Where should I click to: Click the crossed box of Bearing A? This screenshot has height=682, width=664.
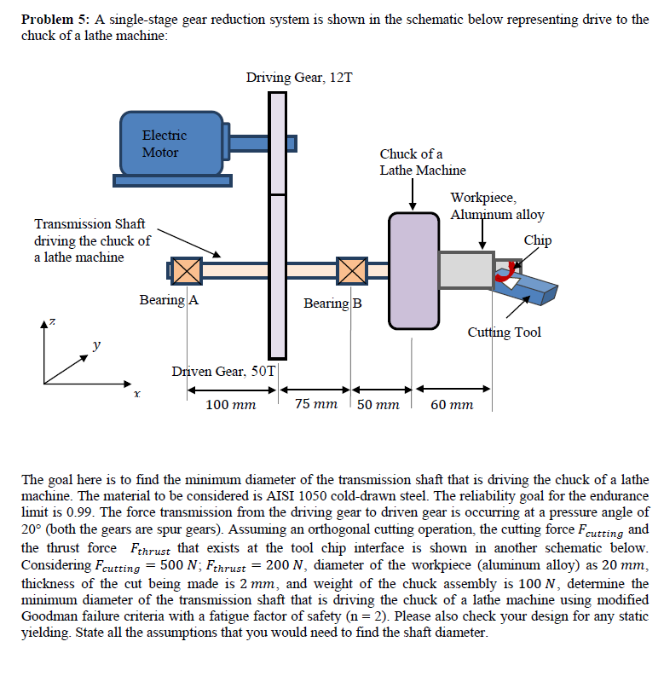click(x=186, y=271)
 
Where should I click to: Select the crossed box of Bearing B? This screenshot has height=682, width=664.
click(x=351, y=271)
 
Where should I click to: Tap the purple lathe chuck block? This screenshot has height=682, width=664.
click(x=413, y=270)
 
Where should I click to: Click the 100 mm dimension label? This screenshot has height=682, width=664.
click(x=231, y=405)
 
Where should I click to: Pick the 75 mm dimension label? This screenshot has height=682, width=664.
click(x=316, y=404)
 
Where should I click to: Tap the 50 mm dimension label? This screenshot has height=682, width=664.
click(x=378, y=405)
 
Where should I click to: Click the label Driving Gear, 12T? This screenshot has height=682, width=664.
click(x=299, y=78)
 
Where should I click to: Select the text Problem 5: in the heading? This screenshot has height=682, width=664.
click(x=54, y=19)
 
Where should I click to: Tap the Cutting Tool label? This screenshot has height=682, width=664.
click(x=504, y=332)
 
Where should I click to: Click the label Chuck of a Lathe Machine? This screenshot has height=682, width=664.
click(x=422, y=162)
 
